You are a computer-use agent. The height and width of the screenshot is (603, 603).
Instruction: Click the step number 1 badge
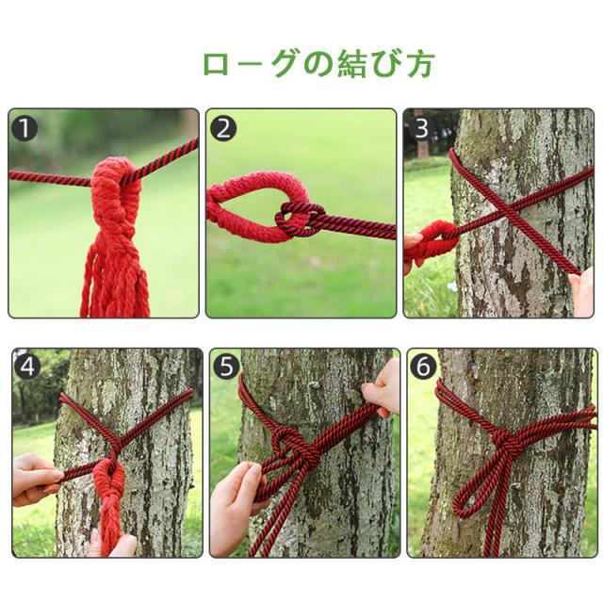pyautogui.click(x=24, y=128)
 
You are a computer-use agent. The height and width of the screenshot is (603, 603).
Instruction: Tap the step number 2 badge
pyautogui.click(x=223, y=128)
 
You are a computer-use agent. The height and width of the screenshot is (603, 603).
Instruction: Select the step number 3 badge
pyautogui.click(x=421, y=128)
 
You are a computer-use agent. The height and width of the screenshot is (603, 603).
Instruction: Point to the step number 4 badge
pyautogui.click(x=27, y=367)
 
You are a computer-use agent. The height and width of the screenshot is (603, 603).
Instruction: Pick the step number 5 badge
pyautogui.click(x=226, y=367)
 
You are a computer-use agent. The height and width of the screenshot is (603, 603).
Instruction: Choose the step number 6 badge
pyautogui.click(x=423, y=367)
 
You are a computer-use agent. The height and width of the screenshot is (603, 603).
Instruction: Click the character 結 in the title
pyautogui.click(x=351, y=63)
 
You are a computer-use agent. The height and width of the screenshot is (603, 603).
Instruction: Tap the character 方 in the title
pyautogui.click(x=420, y=64)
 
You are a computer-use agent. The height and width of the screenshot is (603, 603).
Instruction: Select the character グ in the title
pyautogui.click(x=284, y=63)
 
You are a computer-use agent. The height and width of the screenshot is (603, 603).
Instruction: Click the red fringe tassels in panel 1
pyautogui.click(x=115, y=276)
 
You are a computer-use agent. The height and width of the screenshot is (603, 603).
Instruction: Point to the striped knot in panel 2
pyautogui.click(x=301, y=219)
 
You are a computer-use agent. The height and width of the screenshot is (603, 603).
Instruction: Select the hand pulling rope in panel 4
pyautogui.click(x=36, y=480)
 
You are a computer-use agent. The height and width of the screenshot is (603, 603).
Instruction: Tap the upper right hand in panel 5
pyautogui.click(x=381, y=389)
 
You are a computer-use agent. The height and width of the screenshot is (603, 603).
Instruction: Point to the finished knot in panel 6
pyautogui.click(x=503, y=438)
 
